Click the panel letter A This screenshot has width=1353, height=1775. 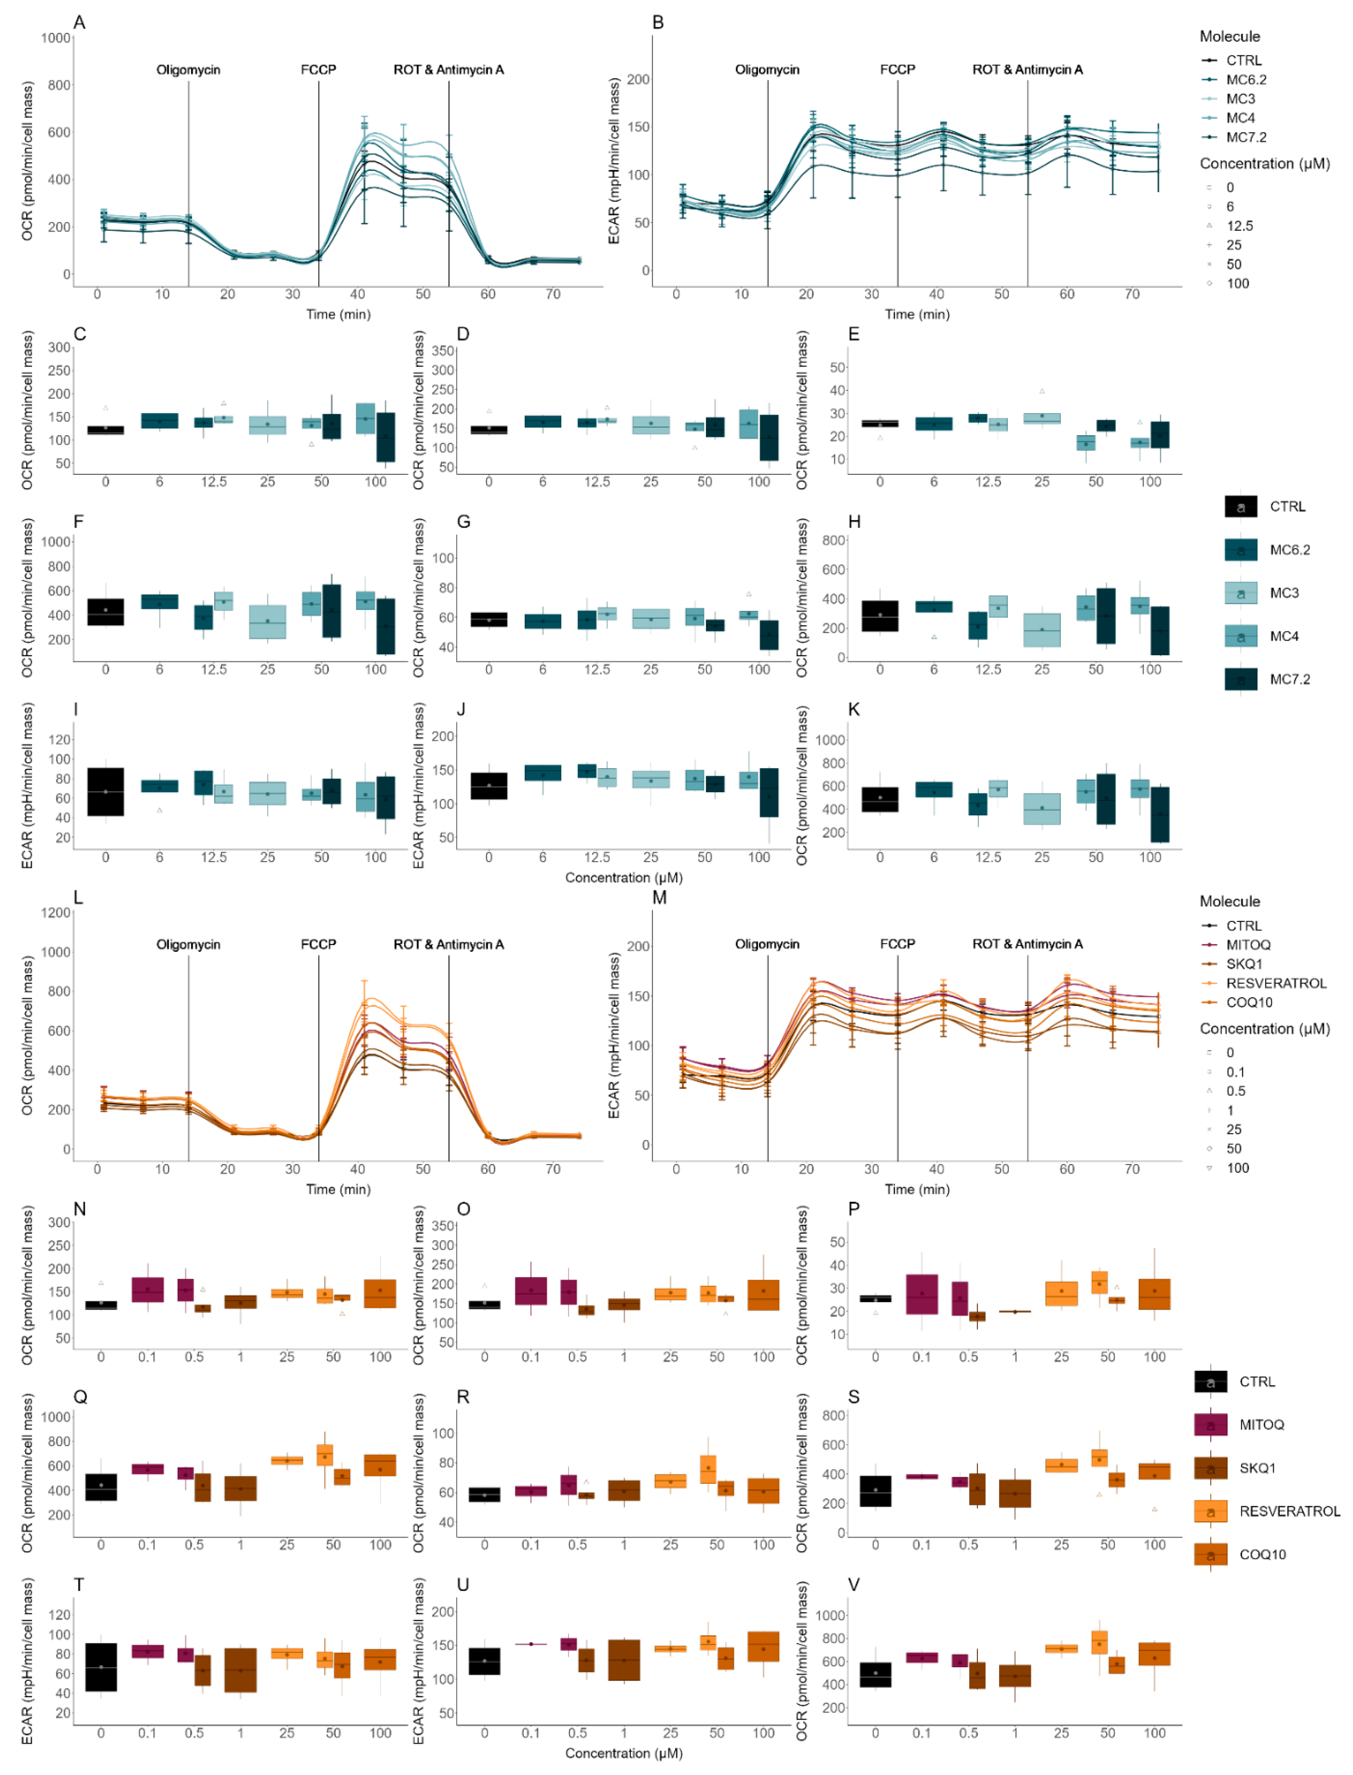79,23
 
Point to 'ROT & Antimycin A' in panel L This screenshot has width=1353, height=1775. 449,945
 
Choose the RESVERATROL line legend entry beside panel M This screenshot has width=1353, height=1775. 1276,983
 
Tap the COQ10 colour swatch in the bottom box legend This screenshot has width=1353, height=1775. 1210,1554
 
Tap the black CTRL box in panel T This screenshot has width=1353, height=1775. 101,1667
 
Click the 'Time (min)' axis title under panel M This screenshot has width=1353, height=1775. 917,1189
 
